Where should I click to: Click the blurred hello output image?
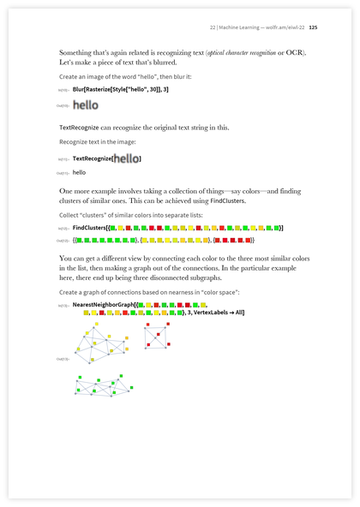click(x=86, y=105)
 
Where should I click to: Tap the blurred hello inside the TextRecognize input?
click(x=126, y=158)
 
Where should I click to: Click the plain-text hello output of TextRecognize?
click(x=80, y=172)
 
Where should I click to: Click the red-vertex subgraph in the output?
click(x=157, y=335)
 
